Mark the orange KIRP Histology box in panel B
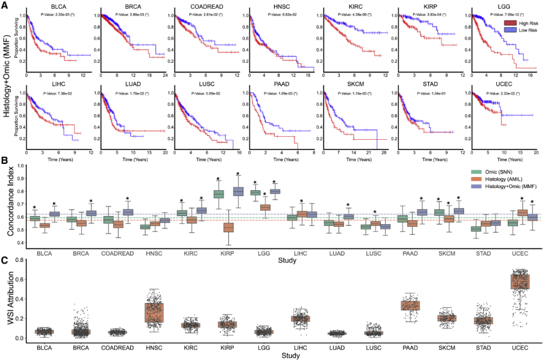(x=228, y=227)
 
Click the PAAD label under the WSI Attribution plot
(x=410, y=347)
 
